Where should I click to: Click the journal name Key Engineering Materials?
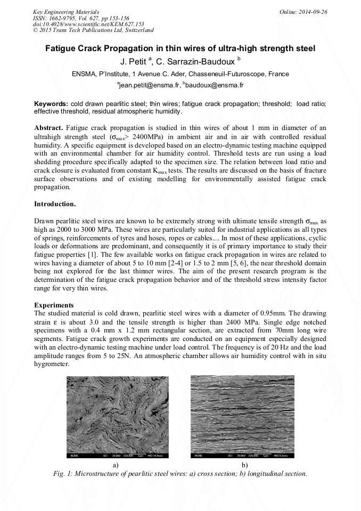(x=65, y=11)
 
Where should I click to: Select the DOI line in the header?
(x=88, y=24)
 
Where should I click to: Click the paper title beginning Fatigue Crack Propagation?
(x=180, y=48)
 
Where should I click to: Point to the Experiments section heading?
(x=54, y=305)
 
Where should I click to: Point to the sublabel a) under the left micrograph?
(x=116, y=465)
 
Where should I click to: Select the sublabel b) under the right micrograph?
(x=245, y=465)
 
